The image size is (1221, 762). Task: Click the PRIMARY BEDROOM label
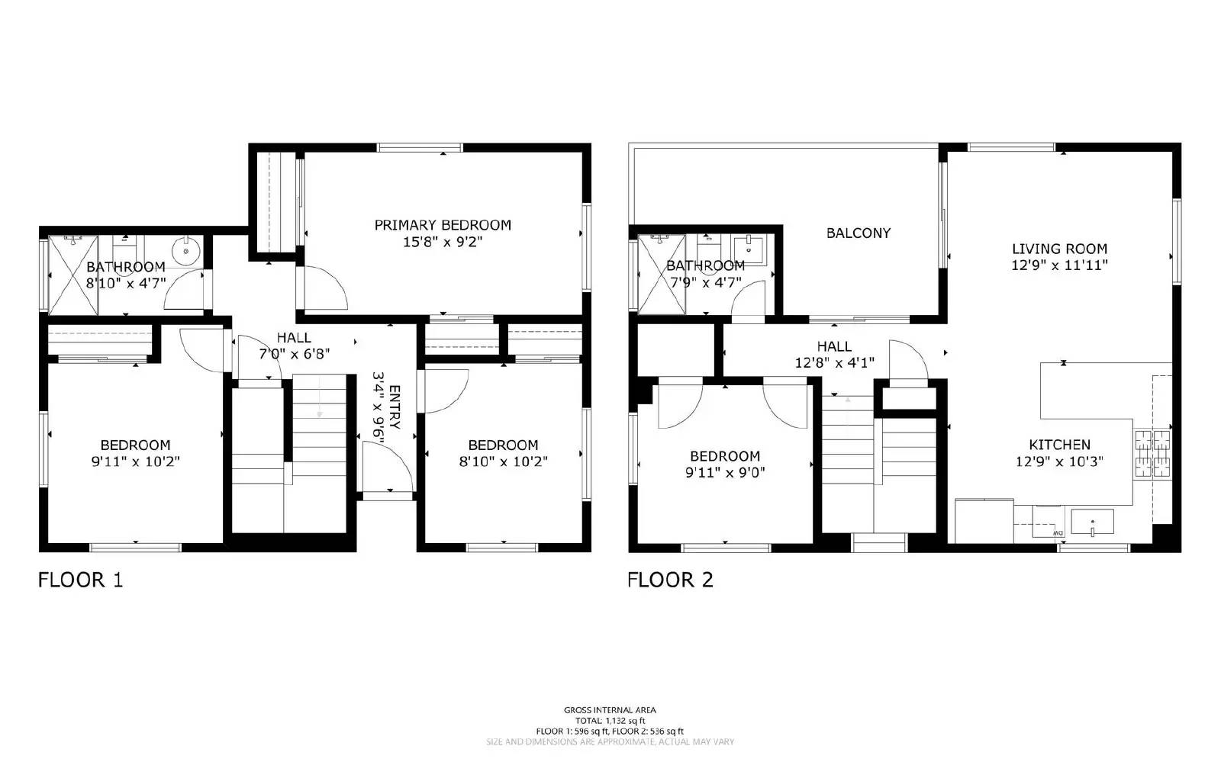pos(443,225)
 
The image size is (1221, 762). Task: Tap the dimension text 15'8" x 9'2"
pos(443,243)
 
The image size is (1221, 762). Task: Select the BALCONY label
pos(859,233)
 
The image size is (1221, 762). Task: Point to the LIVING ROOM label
pos(1059,249)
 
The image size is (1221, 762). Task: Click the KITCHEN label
pos(1059,445)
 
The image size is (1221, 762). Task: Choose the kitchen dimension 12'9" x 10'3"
pos(1059,461)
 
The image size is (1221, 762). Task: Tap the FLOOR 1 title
pos(80,580)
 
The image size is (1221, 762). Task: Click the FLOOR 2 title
pos(670,580)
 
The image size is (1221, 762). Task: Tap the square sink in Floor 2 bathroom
pos(749,249)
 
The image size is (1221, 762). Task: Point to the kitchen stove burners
pos(1152,452)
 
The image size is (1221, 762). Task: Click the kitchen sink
pos(1092,522)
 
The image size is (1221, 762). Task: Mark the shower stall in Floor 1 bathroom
pos(72,275)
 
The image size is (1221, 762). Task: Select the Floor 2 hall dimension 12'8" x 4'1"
pos(834,363)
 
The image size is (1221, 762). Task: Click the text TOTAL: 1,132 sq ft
pos(610,721)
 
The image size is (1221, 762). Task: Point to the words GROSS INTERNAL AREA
pos(610,710)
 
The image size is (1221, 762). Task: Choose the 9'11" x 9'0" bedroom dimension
pos(725,473)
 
